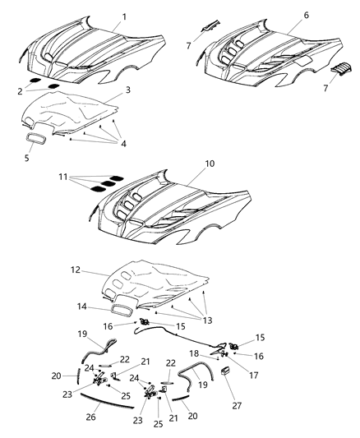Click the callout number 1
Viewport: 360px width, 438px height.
pos(125,16)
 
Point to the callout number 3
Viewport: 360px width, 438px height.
pos(127,89)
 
